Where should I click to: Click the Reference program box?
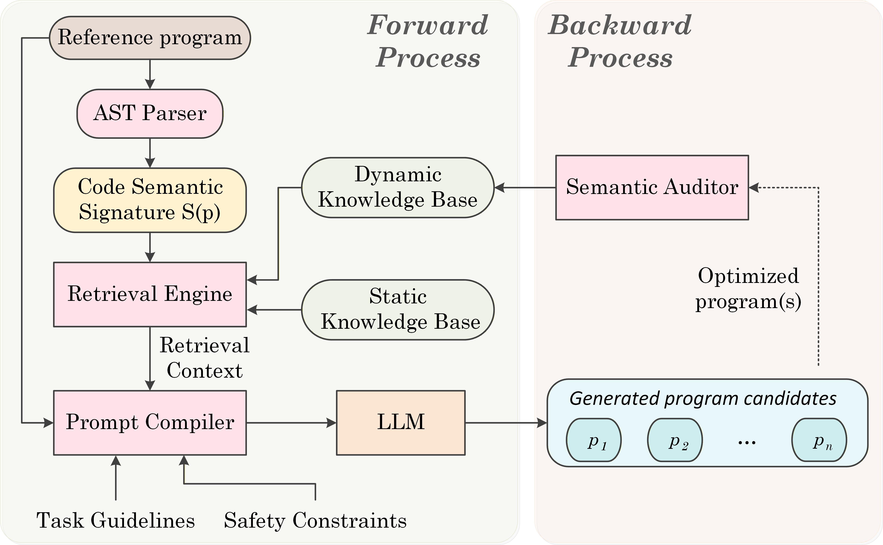point(150,38)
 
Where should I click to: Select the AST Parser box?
point(150,114)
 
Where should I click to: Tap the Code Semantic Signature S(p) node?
point(150,200)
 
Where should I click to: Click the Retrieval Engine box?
point(150,295)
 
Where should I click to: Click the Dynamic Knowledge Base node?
point(398,187)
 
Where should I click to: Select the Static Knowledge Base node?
point(398,310)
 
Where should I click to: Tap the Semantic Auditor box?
point(652,187)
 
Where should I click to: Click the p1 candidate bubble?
point(594,440)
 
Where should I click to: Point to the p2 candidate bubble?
point(675,440)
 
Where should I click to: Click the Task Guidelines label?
point(116,521)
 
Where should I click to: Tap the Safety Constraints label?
point(315,521)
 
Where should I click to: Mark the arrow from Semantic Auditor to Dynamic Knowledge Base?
point(525,187)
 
